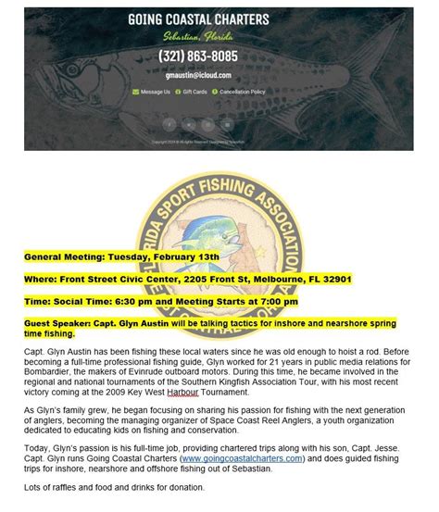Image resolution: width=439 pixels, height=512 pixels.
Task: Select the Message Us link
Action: (x=155, y=93)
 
